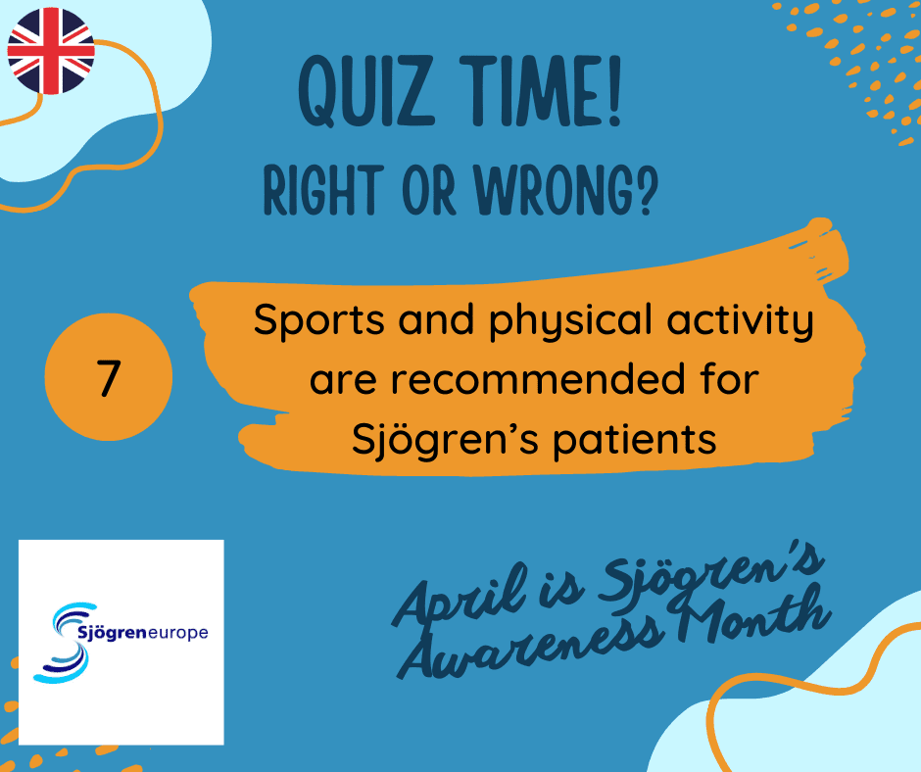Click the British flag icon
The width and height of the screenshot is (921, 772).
(51, 51)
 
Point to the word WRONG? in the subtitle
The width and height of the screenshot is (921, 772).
(568, 190)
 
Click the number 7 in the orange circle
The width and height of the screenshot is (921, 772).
(109, 378)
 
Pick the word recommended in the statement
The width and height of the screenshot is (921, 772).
(538, 379)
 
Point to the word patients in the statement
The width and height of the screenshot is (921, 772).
(635, 440)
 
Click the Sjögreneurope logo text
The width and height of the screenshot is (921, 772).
(143, 633)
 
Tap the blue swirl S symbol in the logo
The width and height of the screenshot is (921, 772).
(61, 643)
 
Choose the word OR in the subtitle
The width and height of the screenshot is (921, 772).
(429, 190)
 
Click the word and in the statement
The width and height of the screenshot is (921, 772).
(436, 320)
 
